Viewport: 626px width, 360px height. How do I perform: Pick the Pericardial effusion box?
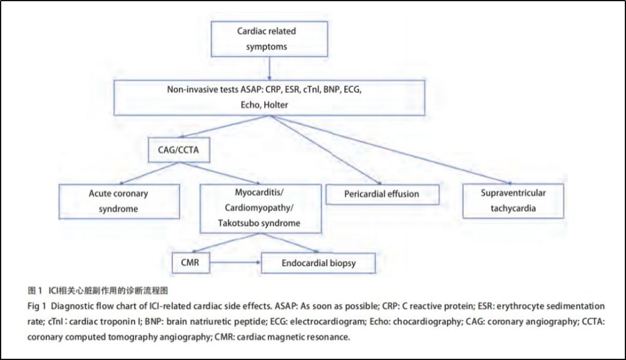[382, 194]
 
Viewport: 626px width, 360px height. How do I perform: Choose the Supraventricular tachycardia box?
[513, 200]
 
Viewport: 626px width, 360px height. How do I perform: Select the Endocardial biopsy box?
[319, 263]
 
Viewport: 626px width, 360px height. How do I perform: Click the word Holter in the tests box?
[275, 105]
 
